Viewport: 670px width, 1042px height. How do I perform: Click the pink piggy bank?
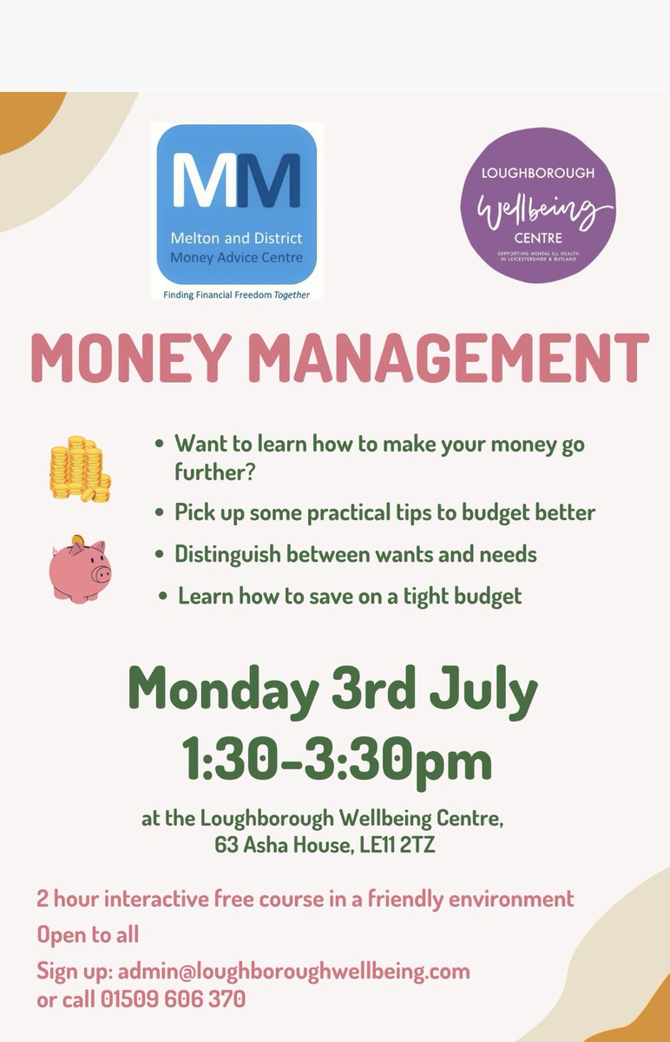[x=81, y=568]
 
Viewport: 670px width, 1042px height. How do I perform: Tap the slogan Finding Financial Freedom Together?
[x=236, y=294]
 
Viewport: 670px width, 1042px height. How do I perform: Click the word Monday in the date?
[x=222, y=691]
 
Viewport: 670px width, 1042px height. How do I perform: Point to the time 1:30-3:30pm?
[x=337, y=759]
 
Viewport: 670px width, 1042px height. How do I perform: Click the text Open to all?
[x=88, y=934]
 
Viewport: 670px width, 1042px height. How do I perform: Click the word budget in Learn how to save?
[x=479, y=597]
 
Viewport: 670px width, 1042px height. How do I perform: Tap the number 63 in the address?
[x=228, y=842]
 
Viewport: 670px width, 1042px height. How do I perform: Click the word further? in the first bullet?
[x=213, y=471]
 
